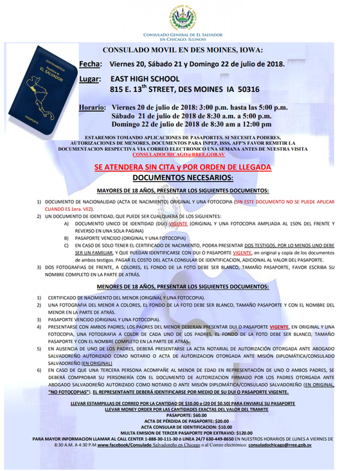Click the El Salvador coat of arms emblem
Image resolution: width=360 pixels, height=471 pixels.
point(180,15)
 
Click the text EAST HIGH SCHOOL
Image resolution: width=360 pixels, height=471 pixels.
point(148,78)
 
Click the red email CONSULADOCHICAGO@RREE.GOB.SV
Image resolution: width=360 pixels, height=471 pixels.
point(178,155)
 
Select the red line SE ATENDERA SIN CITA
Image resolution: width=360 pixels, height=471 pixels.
point(182,166)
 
